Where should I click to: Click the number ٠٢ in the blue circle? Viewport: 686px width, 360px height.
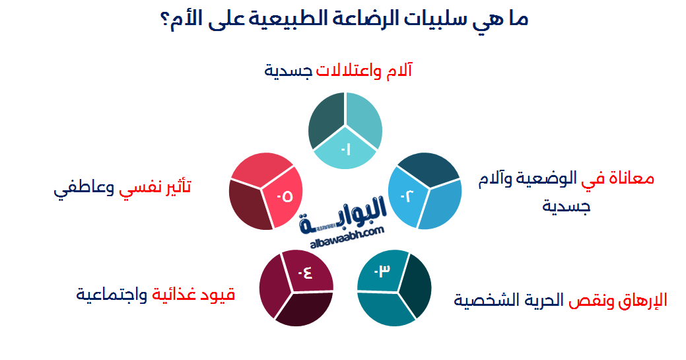tap(404, 196)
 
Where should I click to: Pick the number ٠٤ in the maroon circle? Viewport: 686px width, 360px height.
tap(305, 272)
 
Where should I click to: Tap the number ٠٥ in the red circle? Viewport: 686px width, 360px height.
tap(285, 196)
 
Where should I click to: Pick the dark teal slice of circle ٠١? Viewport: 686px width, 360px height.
tap(325, 120)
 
